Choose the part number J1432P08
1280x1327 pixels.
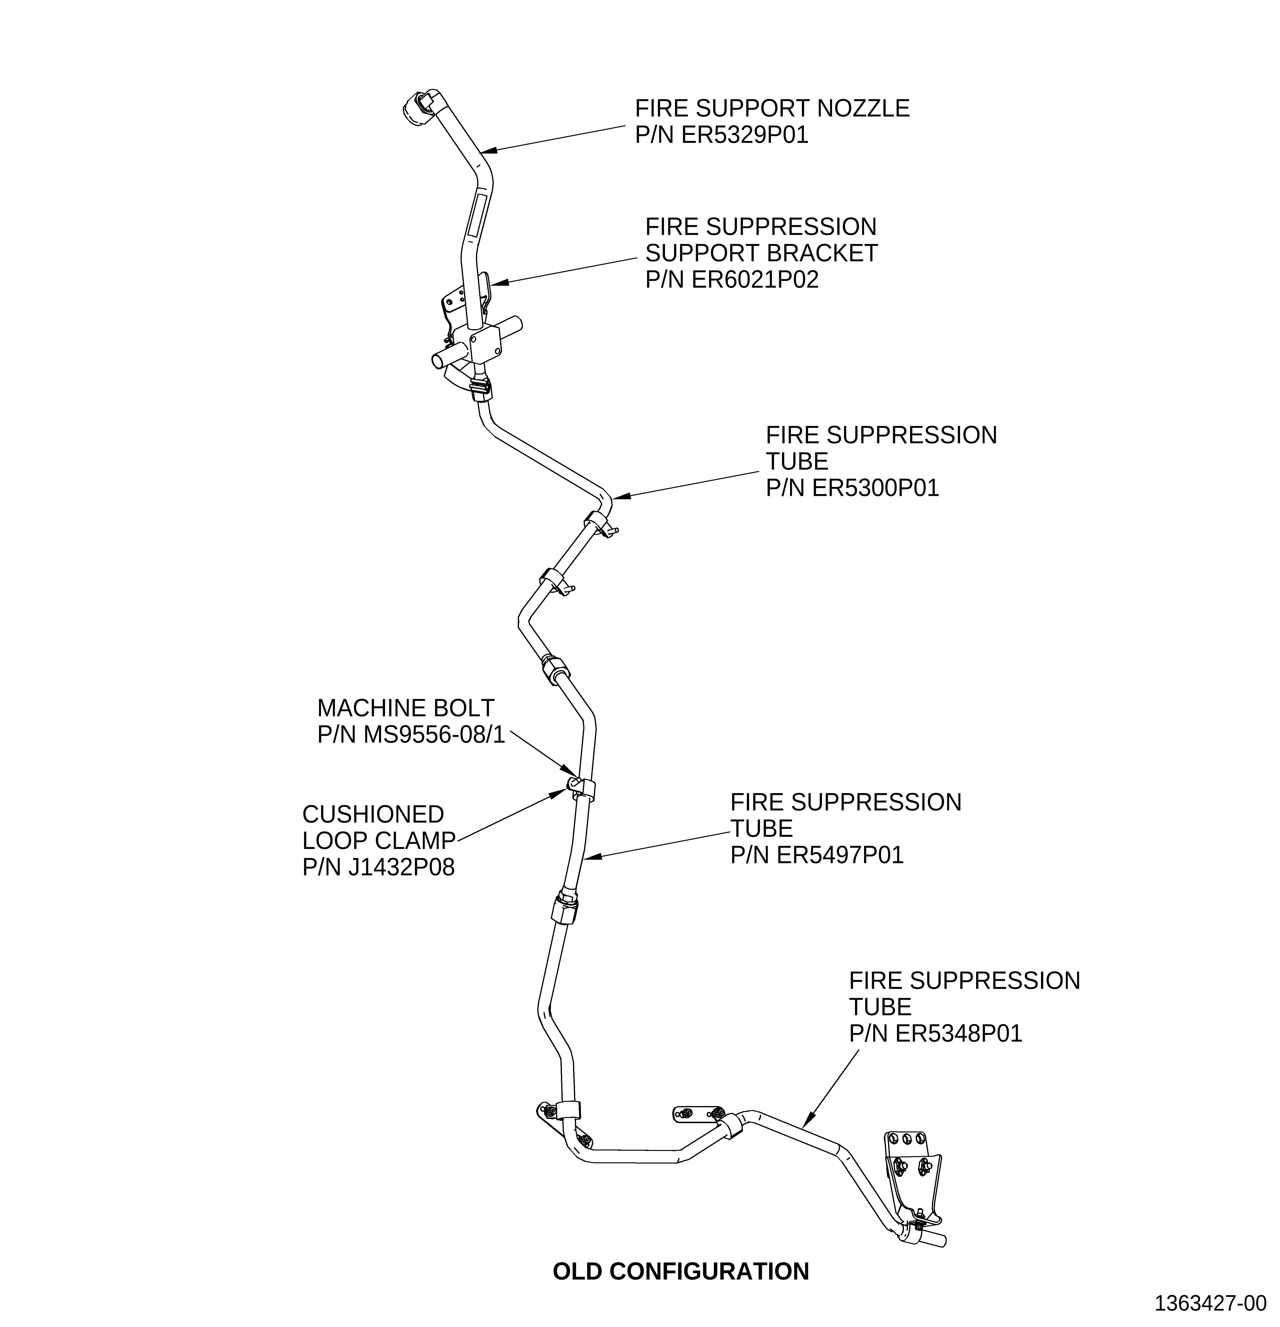pyautogui.click(x=401, y=867)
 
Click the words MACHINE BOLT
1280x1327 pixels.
pyautogui.click(x=406, y=708)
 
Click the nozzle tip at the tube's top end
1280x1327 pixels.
pyautogui.click(x=416, y=108)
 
